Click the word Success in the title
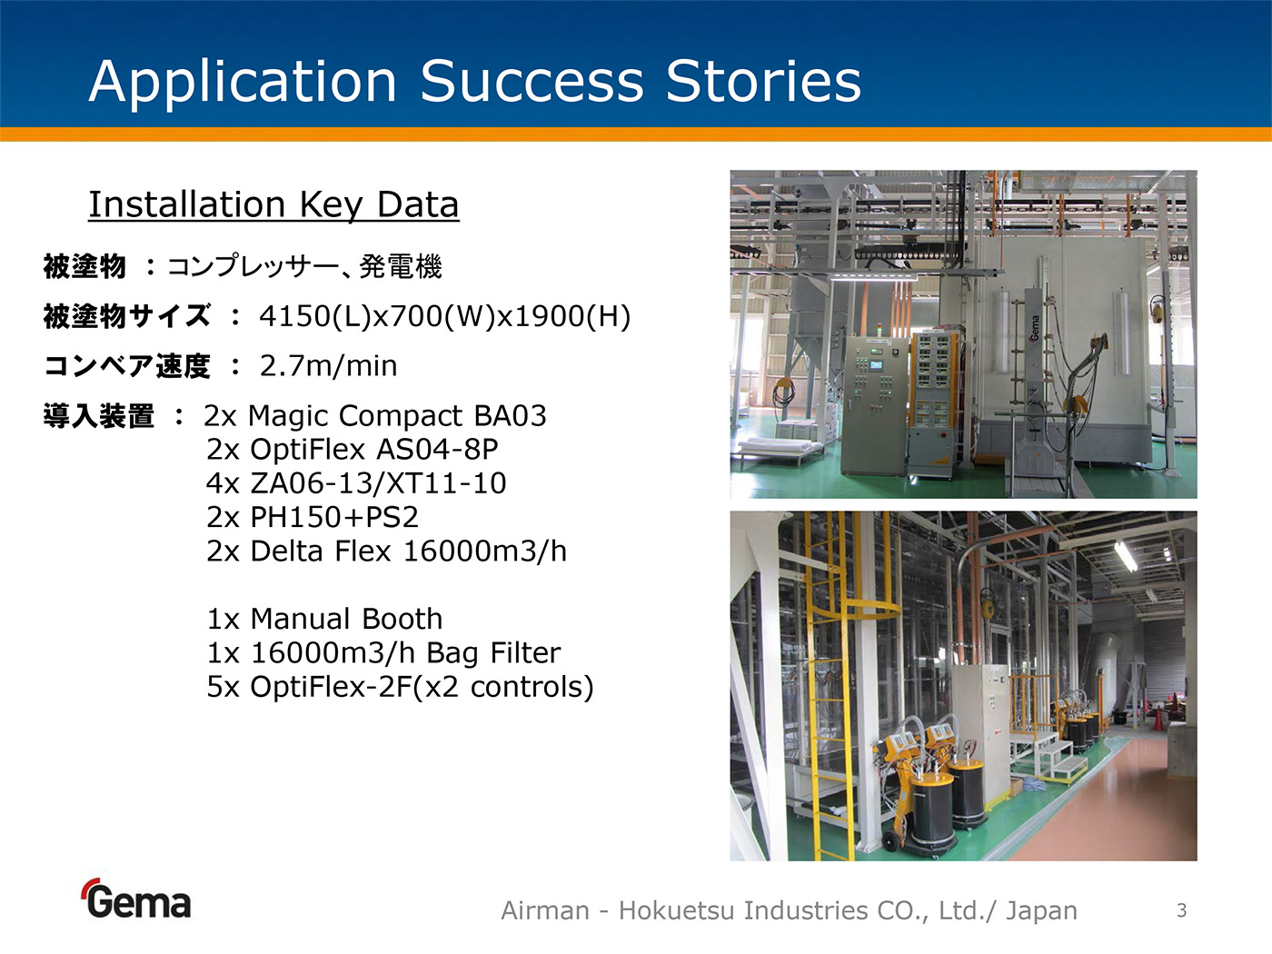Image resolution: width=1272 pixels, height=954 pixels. (x=532, y=81)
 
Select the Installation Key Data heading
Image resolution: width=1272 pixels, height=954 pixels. (x=273, y=205)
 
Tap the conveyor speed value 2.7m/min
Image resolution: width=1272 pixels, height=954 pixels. (x=328, y=366)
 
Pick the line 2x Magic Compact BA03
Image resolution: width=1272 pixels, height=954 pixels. (x=375, y=416)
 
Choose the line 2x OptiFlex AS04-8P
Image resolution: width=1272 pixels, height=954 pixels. (x=352, y=450)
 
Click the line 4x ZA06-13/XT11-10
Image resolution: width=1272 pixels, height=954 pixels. (x=356, y=483)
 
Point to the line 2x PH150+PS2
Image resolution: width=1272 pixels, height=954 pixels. (x=313, y=517)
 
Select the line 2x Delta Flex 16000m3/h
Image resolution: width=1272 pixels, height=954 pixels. (x=386, y=551)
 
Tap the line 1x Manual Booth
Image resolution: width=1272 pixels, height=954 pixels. (x=324, y=620)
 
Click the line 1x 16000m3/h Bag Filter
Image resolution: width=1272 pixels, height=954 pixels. (x=383, y=653)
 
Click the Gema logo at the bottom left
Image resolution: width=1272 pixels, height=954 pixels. (x=136, y=899)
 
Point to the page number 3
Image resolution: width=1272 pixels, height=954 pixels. (x=1182, y=910)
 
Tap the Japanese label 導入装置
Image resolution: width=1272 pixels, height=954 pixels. (x=99, y=416)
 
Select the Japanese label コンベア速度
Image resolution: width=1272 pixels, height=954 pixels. (x=127, y=366)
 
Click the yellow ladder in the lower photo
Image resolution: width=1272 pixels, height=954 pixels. (x=830, y=683)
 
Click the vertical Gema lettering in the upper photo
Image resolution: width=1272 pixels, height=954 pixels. (x=1034, y=328)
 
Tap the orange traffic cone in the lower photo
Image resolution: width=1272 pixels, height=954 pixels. (x=1158, y=719)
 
